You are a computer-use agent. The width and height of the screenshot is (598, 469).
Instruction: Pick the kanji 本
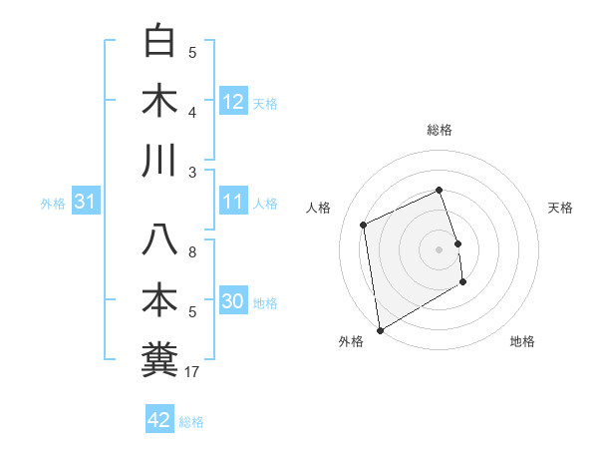pos(161,300)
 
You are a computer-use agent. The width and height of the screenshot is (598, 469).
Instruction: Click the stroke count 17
pos(192,372)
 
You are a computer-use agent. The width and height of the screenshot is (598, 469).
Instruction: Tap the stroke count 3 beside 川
pos(192,173)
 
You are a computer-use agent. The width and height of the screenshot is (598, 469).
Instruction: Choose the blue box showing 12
pos(233,101)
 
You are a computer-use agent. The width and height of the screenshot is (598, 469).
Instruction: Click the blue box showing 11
pos(233,203)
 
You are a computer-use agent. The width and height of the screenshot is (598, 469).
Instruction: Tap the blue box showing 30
pos(233,301)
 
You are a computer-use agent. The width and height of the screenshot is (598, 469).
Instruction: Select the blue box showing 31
pos(86,203)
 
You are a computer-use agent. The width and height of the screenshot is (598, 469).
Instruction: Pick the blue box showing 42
pos(159,420)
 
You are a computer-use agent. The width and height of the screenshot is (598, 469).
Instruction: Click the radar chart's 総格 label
pos(440,131)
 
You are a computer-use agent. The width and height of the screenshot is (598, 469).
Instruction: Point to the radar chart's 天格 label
pos(560,208)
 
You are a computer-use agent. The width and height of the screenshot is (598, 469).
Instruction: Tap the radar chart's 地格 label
pos(522,341)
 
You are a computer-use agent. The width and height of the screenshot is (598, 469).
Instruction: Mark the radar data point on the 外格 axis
pos(380,329)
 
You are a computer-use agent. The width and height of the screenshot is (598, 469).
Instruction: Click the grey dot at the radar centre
pos(440,248)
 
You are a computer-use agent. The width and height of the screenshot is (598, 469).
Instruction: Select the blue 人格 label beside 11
pos(265,204)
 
